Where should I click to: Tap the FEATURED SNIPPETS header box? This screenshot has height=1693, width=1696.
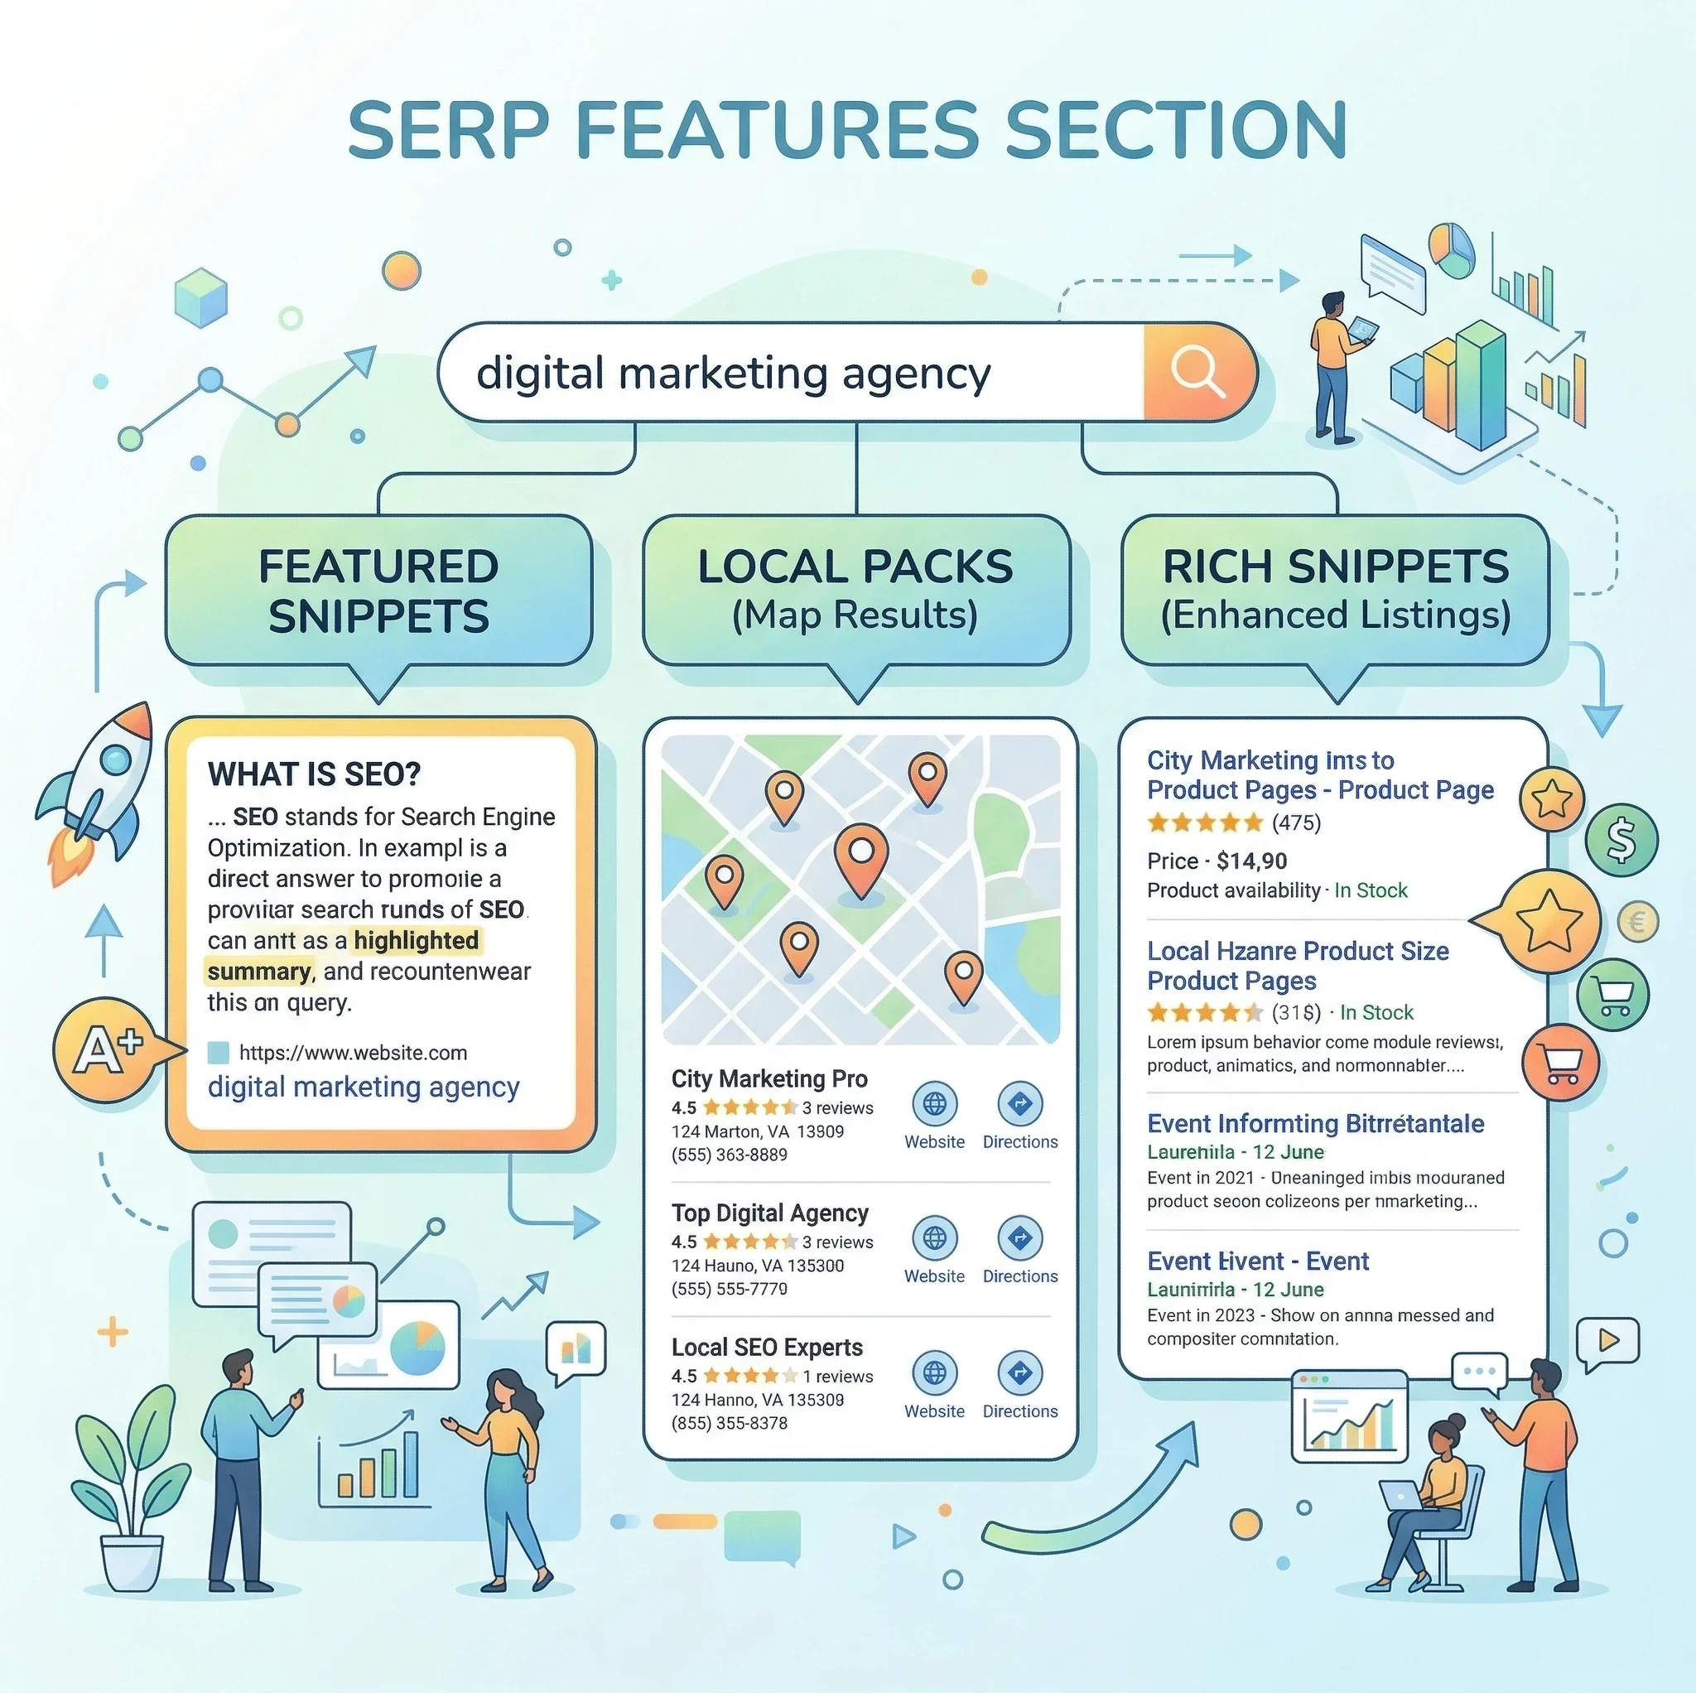378,590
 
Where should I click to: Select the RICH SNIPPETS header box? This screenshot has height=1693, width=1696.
1335,590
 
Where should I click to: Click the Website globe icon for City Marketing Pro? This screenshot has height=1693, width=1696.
934,1104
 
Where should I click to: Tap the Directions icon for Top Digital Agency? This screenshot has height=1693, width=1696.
1020,1238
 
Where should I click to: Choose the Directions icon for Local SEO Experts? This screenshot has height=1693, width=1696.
1020,1372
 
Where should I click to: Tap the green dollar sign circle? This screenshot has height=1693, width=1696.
1621,840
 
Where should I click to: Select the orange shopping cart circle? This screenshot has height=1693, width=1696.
1561,1063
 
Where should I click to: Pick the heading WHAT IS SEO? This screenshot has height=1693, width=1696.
314,774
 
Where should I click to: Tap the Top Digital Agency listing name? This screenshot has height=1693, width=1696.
770,1213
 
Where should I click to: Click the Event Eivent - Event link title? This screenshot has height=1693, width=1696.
1257,1261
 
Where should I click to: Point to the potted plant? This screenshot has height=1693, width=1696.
132,1493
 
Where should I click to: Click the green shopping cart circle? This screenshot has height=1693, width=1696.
1613,994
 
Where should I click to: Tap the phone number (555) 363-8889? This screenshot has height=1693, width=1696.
730,1155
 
